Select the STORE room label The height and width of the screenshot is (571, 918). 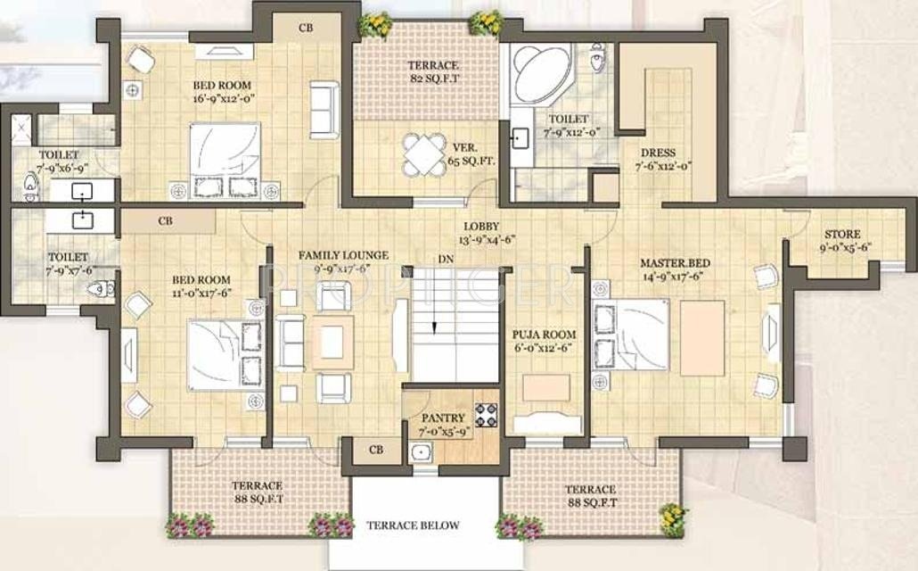tap(842, 235)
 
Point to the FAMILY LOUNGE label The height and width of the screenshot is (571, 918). tap(343, 255)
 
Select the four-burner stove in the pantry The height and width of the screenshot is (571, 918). tap(487, 415)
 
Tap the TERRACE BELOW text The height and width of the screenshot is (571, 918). tap(413, 525)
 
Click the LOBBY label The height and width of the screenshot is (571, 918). tap(481, 227)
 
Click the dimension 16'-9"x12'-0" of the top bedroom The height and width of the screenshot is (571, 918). tap(223, 100)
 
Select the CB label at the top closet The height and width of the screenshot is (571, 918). tap(306, 28)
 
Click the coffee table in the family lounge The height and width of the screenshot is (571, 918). tap(332, 343)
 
